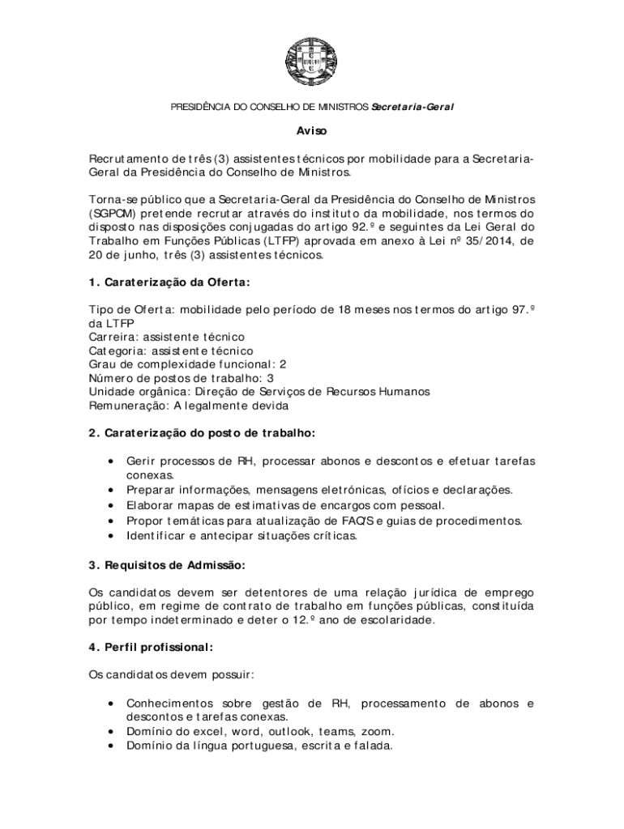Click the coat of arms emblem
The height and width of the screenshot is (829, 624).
(312, 61)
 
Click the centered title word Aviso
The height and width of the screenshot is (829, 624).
(311, 130)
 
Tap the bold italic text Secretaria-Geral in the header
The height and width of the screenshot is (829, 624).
(412, 107)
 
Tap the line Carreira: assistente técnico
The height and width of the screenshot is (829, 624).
(167, 337)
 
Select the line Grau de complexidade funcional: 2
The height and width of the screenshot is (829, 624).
(188, 364)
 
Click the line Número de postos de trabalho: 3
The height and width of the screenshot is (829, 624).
(182, 378)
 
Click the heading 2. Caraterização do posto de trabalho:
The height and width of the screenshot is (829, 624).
(202, 433)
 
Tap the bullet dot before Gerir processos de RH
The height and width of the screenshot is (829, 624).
(109, 461)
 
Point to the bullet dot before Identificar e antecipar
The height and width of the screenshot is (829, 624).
(109, 536)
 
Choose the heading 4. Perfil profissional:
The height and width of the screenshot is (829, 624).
(151, 648)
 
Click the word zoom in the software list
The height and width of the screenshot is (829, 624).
(378, 731)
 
